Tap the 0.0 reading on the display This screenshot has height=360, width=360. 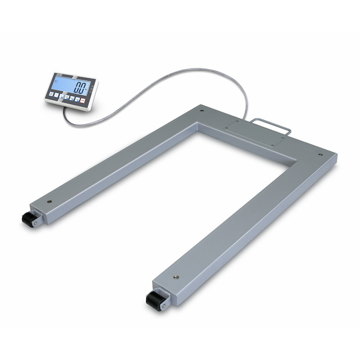pos(81,89)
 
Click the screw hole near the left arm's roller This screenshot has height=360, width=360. pos(49,203)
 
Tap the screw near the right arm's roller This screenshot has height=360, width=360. pos(175,278)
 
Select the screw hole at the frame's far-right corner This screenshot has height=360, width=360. pos(320,155)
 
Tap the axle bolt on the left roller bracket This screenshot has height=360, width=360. pos(37,222)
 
